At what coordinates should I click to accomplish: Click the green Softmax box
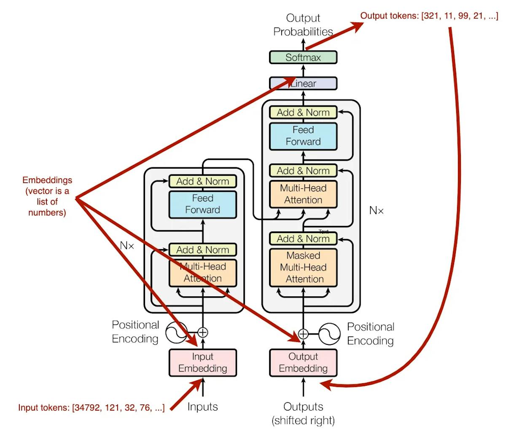tap(303, 57)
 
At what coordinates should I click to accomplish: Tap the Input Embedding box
tap(203, 363)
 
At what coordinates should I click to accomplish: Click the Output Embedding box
tap(303, 363)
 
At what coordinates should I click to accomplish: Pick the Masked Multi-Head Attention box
tap(303, 267)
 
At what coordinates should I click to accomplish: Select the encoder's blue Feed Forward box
tap(203, 204)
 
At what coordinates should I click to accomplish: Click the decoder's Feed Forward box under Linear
tap(303, 136)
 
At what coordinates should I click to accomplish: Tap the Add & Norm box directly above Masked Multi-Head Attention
tap(303, 239)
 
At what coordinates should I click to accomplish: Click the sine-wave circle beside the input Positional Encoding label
tap(176, 333)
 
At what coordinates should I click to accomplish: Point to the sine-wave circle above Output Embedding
tap(329, 334)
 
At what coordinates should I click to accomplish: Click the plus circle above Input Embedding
tap(203, 333)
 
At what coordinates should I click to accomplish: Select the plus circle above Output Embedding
tap(303, 334)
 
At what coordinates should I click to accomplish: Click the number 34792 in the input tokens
tap(86, 408)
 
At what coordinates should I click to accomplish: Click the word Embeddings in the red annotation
tap(47, 180)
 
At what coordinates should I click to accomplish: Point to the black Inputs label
tap(203, 407)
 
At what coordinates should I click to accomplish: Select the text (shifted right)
tap(303, 420)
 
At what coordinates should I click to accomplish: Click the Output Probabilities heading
tap(303, 24)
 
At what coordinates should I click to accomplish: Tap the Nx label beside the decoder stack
tap(376, 210)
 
